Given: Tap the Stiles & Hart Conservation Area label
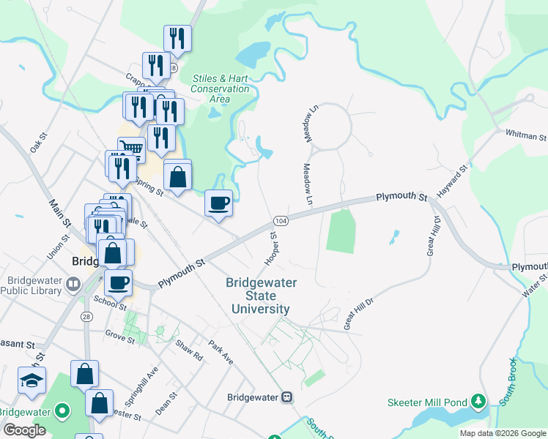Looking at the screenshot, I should pos(220,89).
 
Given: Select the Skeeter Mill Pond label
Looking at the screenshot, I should pos(427,402).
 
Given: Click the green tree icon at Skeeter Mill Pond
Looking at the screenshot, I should pos(478,401).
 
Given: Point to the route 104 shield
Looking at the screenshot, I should pos(280,220).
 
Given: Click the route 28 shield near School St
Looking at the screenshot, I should pos(86,316).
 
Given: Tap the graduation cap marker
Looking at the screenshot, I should pos(32,380).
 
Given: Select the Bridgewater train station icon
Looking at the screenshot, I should pos(288,397).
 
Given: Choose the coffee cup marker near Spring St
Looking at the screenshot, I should pos(218,202).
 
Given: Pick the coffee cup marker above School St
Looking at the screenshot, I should pos(118,282).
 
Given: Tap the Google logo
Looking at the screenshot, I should pos(25,430).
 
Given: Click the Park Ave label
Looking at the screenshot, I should pos(220,353).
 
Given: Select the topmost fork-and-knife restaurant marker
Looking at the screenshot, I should pos(177,37).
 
